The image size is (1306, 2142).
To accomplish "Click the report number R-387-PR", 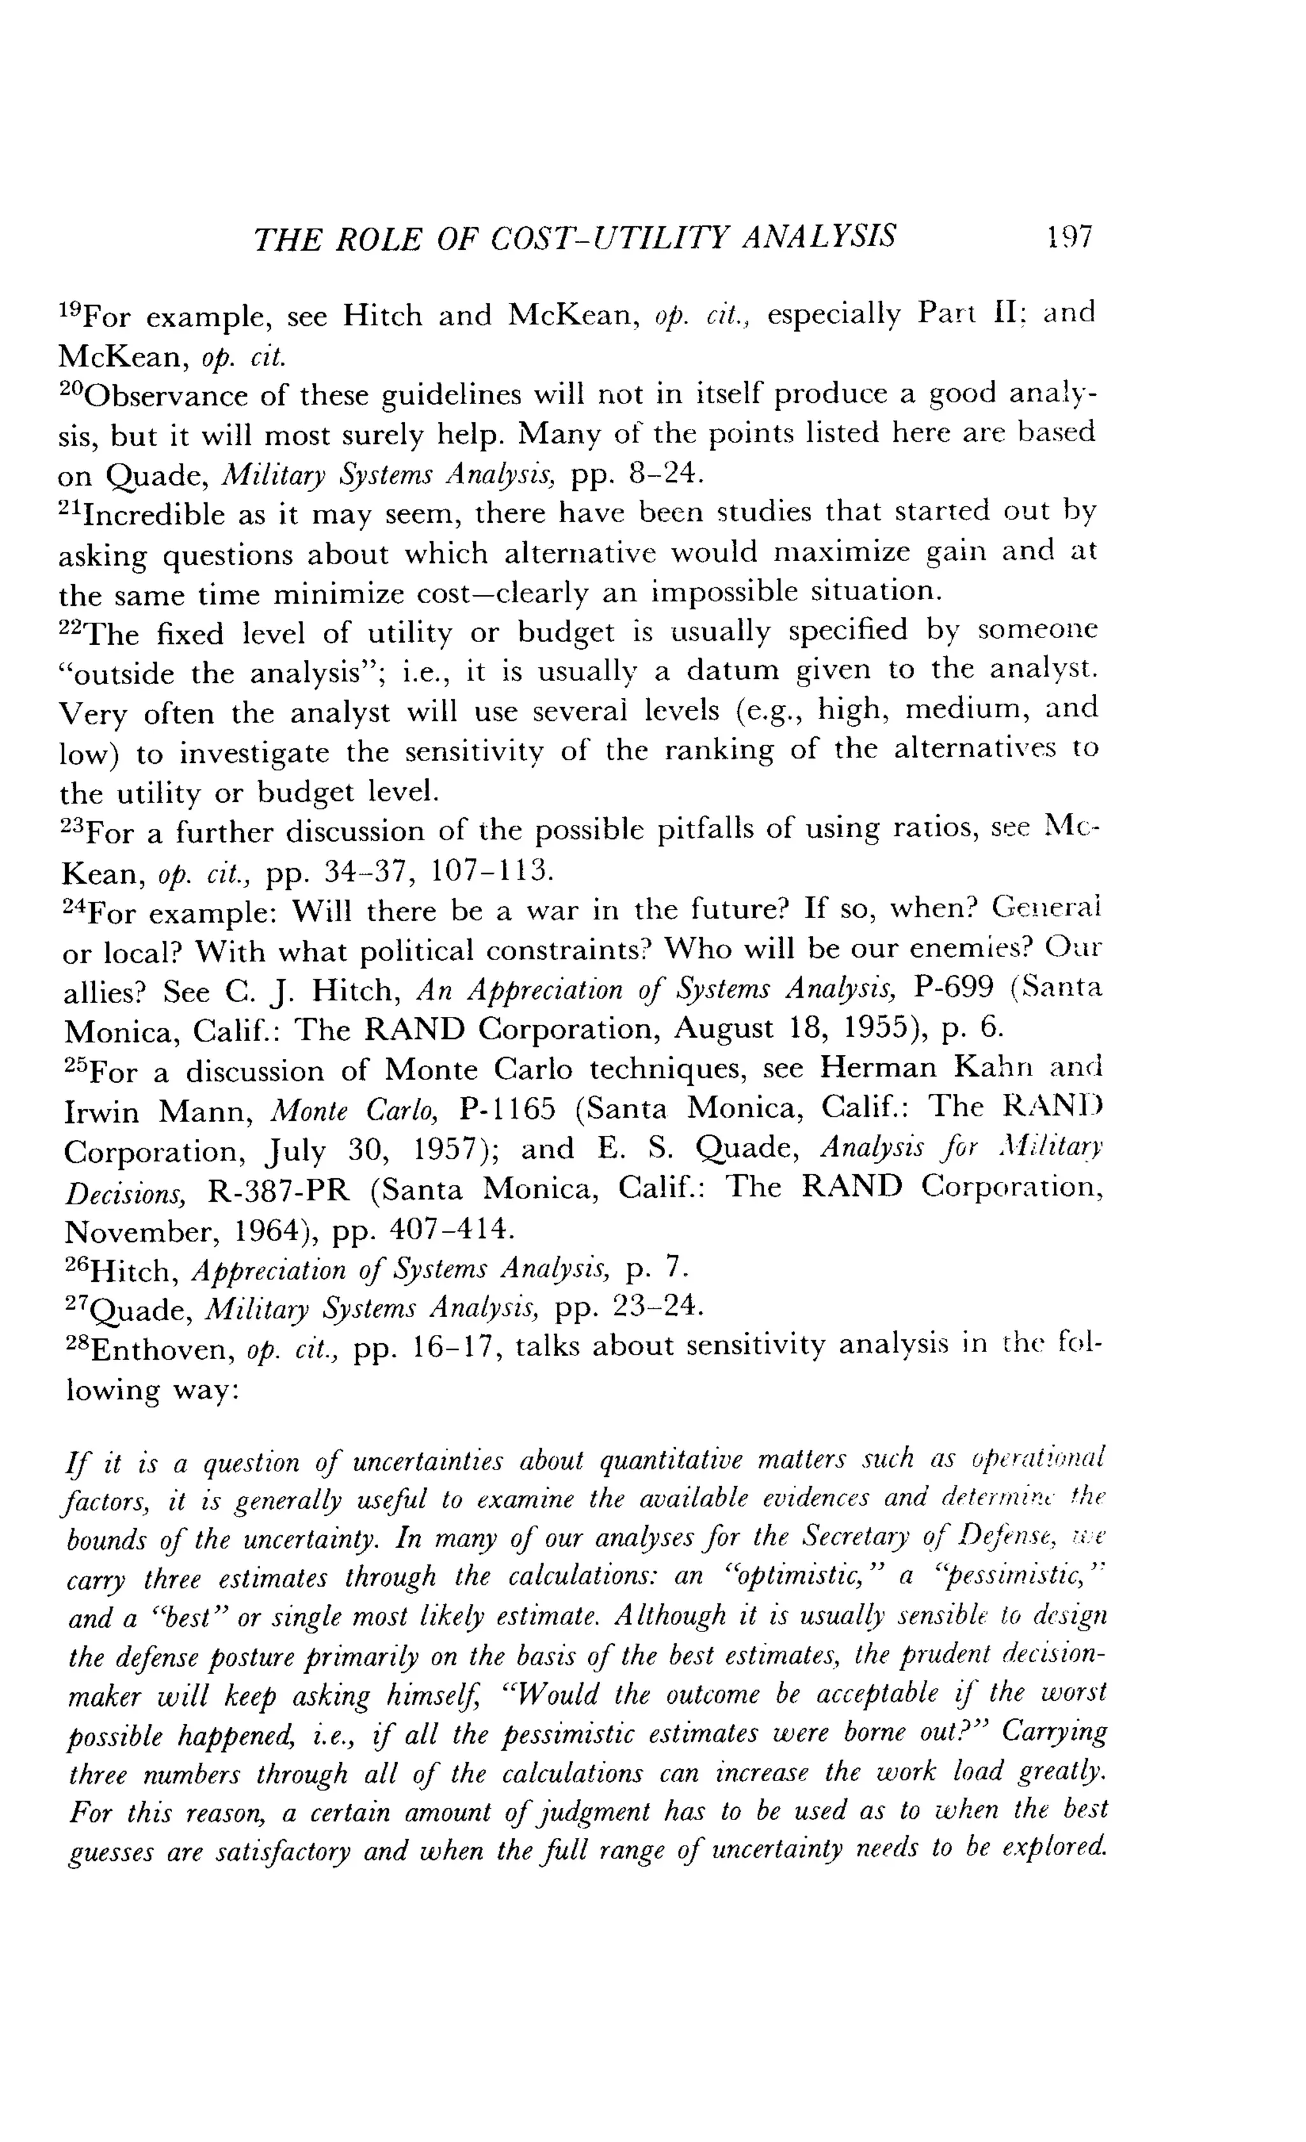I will pos(278,1189).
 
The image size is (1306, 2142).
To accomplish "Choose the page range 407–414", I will pos(447,1229).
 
